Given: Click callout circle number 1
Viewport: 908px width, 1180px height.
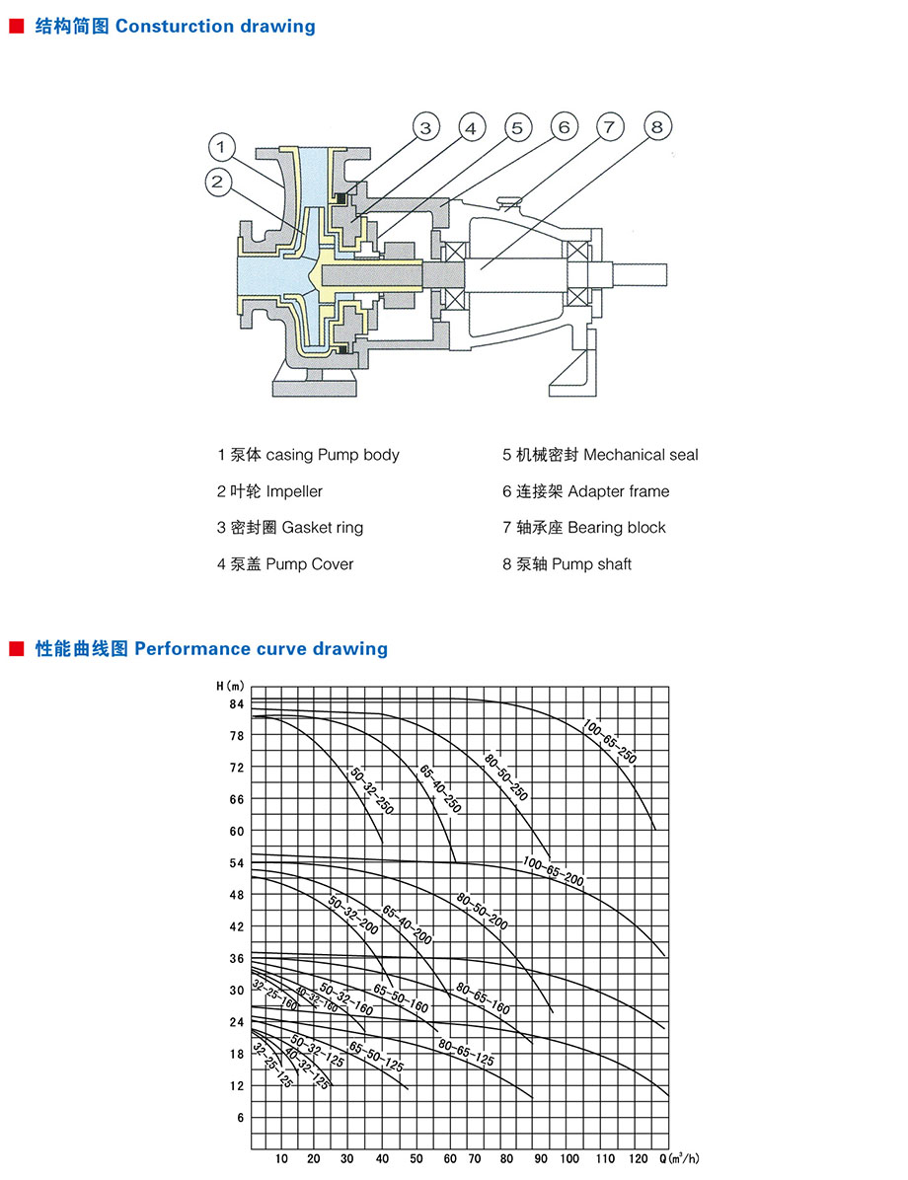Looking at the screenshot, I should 223,148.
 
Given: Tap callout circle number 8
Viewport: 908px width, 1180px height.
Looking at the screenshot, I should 657,126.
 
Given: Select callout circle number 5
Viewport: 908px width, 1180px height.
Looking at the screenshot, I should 516,127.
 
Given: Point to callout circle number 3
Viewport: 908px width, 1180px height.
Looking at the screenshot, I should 425,127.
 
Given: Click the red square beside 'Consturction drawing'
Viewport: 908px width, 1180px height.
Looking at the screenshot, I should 16,27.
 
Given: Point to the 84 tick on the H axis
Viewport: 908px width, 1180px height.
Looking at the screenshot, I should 235,703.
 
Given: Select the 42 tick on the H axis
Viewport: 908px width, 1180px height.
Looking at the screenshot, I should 235,926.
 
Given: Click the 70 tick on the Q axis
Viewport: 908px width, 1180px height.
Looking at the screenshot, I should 475,1158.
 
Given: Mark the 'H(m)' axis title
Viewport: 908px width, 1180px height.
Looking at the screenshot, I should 230,685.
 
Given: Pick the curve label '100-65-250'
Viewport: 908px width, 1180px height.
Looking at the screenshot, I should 610,741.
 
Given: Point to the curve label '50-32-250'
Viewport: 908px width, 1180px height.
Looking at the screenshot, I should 372,790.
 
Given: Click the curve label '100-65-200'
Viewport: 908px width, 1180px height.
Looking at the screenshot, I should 554,870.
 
